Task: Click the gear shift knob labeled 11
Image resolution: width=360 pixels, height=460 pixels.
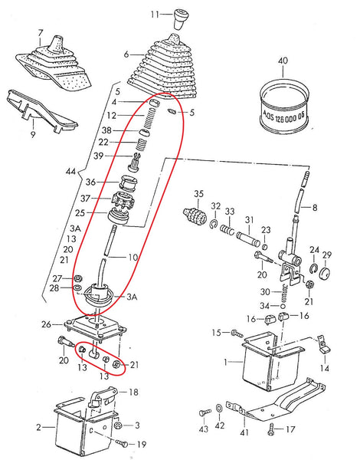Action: coord(182,17)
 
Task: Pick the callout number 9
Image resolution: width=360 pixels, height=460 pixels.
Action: coord(33,134)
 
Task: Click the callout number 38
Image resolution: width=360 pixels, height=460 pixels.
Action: coord(106,130)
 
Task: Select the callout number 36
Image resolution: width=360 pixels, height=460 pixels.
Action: coord(112,182)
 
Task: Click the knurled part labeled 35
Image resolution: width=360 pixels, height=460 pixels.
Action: coord(195,212)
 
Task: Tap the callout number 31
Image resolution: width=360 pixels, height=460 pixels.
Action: coord(247,220)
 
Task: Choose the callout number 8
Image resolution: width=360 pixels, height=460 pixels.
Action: coord(313,207)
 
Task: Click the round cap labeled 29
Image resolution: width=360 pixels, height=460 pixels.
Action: coord(326,272)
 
